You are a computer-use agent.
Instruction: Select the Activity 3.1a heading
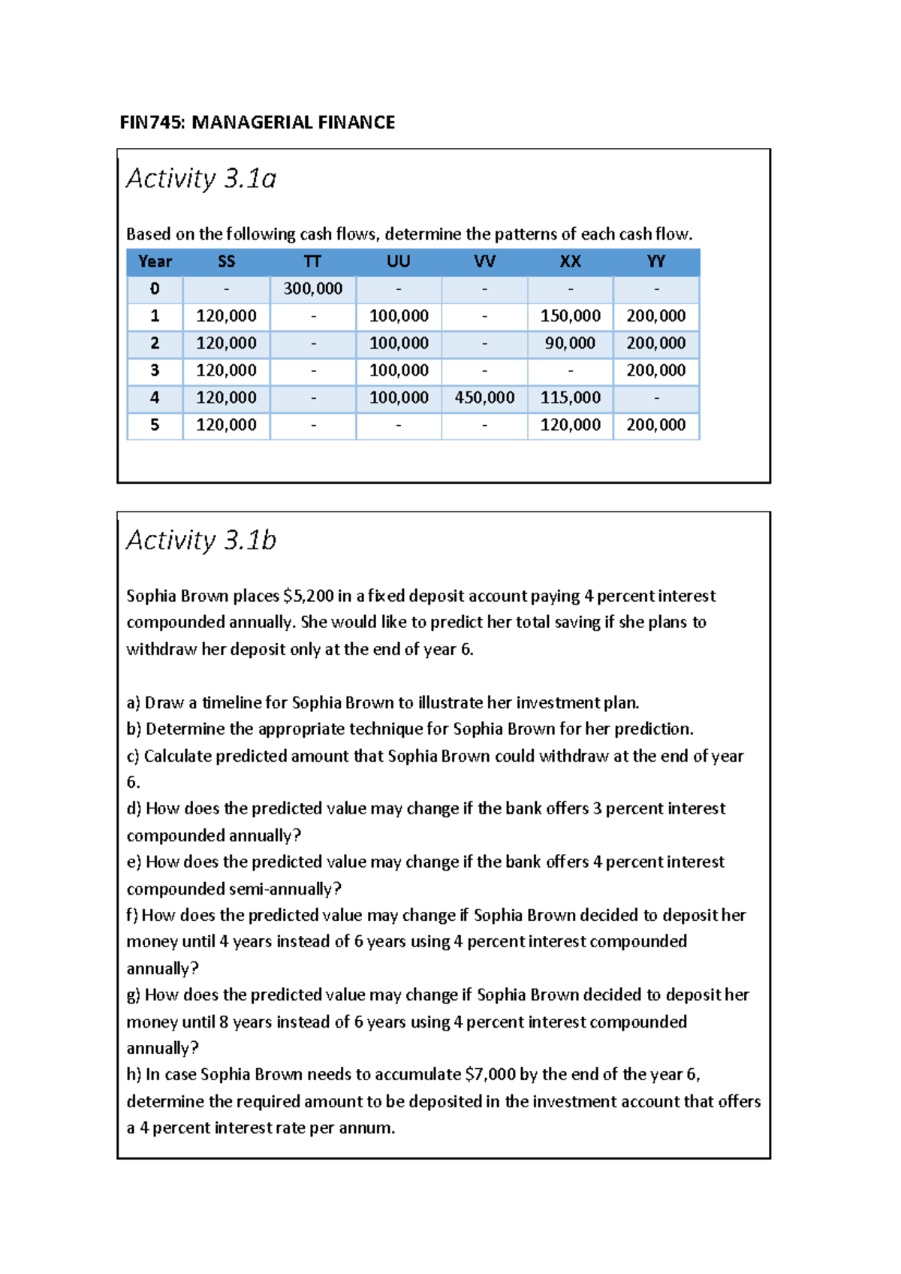201,179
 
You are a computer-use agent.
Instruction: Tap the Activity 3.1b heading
201,541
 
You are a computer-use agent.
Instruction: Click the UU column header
398,261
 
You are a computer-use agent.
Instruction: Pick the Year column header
155,261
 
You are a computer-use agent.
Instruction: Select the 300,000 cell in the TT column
312,289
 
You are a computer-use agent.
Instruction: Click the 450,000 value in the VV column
484,398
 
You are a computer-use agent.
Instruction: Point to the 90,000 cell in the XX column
570,343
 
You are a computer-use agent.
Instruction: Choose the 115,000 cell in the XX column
570,398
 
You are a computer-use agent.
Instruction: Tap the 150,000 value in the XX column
570,316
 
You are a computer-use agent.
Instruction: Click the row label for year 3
155,370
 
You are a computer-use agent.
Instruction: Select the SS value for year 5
226,425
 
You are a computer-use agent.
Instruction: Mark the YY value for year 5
655,425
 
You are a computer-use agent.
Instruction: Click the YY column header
655,261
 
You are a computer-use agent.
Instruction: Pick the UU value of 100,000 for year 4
398,398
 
